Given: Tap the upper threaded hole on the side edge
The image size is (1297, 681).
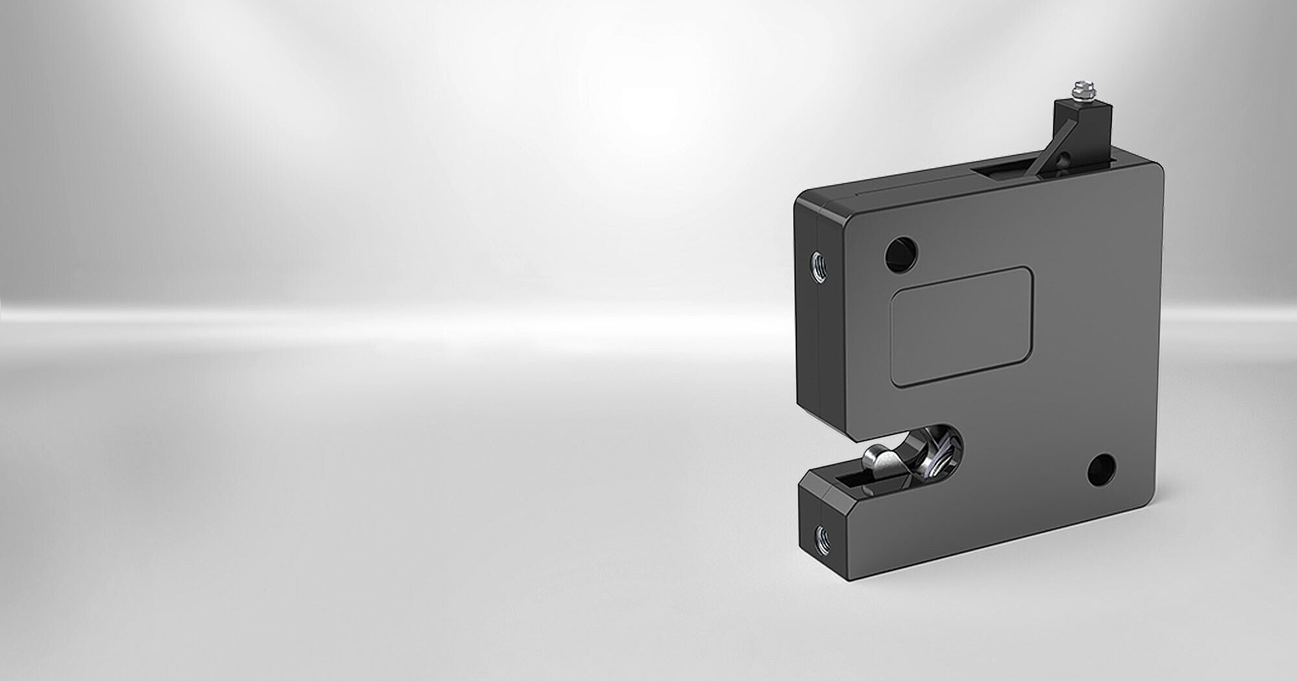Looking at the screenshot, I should click(x=818, y=267).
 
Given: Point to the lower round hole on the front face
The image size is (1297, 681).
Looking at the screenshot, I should click(x=1101, y=471).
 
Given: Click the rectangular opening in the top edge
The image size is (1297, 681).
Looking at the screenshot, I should click(x=1003, y=171).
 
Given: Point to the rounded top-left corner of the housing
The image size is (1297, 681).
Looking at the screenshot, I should click(x=805, y=199).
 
